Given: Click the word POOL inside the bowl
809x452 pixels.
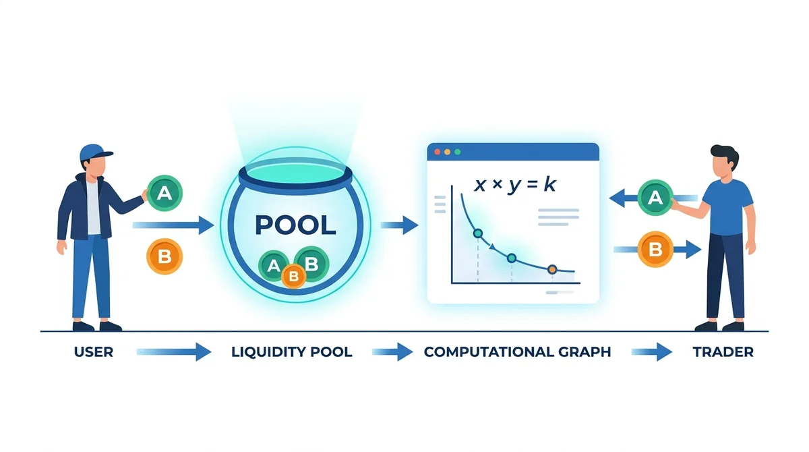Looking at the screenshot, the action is [x=295, y=225].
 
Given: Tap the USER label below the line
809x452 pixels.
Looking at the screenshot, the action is [x=94, y=352].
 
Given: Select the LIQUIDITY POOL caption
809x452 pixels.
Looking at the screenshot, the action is [x=292, y=352].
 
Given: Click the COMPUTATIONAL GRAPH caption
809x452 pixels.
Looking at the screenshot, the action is [x=517, y=352].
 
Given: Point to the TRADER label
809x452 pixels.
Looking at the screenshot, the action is [x=723, y=352].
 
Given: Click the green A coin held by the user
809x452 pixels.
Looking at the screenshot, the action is [x=164, y=194].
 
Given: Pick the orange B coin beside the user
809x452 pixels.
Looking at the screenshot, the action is [x=164, y=256].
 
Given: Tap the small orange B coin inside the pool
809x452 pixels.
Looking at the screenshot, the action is [x=294, y=277].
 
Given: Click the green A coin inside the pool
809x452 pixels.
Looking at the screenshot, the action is [x=273, y=266].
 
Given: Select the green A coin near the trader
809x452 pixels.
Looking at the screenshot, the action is [x=655, y=198].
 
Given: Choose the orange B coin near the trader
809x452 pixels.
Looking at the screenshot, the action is [x=655, y=250].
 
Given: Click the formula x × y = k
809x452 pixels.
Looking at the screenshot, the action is [x=515, y=185].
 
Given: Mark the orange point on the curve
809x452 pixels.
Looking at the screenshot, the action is [x=552, y=269].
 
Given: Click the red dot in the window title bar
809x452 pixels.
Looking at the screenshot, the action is [x=437, y=152].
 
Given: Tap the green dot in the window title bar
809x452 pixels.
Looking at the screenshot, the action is [x=457, y=152].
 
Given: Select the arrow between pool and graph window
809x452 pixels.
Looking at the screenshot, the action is [x=399, y=225].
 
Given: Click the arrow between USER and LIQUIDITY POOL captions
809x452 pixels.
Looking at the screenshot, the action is [x=174, y=352].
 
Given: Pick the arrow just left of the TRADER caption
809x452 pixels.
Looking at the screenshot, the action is [x=651, y=352].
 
